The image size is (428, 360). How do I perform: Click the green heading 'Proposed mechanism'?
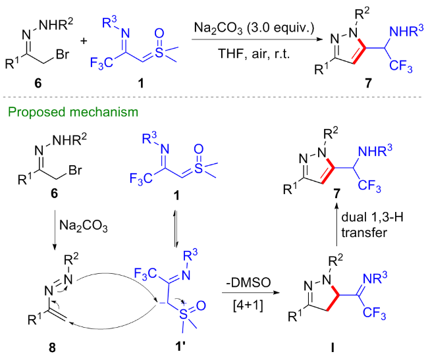73,112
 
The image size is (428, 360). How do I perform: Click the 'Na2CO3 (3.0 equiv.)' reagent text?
254,29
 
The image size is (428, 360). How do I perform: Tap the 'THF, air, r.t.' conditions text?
254,53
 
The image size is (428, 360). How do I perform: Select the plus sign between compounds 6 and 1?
84,41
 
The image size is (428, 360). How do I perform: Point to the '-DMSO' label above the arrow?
248,282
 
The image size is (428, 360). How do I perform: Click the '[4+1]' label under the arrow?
248,305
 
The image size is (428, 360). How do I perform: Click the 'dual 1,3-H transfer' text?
372,224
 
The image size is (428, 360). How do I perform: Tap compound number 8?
52,347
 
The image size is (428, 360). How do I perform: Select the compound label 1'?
180,347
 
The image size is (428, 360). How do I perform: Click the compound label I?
333,347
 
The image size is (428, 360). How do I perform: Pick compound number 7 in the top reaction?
368,82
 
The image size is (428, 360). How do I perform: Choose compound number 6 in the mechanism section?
54,193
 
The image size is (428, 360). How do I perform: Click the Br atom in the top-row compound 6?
63,54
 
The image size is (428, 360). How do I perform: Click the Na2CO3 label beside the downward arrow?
83,226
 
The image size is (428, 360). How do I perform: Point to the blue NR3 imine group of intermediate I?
375,278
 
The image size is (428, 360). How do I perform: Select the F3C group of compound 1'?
146,273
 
